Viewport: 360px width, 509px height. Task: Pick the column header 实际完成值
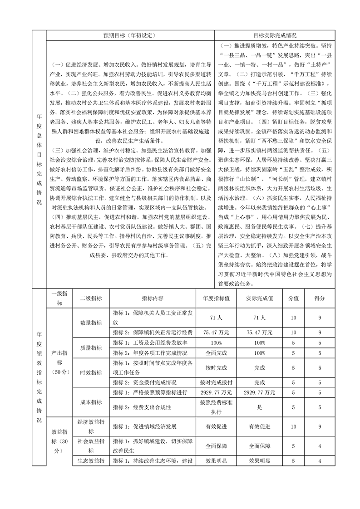tap(260, 298)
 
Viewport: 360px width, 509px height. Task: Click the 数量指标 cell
tap(91, 323)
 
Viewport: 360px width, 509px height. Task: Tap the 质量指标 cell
tap(91, 347)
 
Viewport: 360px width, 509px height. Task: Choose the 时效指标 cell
tap(91, 372)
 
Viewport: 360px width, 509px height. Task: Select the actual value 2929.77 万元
tap(260, 392)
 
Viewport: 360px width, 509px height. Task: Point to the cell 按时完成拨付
tap(216, 382)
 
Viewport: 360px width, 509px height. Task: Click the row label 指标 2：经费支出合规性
tap(142, 407)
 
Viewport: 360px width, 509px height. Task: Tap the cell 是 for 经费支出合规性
tap(260, 407)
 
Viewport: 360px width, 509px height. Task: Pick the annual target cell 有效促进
tap(216, 427)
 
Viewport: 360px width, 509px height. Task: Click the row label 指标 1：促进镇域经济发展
tap(145, 427)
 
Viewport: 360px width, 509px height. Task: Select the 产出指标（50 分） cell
tap(59, 362)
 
